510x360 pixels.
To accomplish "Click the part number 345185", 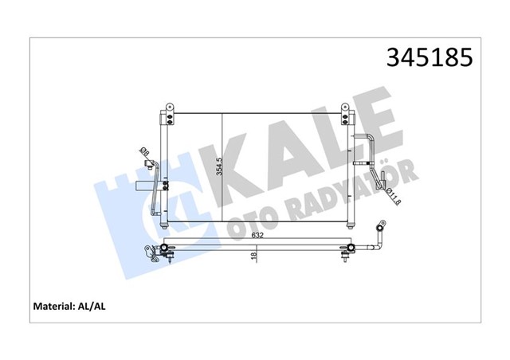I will [430, 57].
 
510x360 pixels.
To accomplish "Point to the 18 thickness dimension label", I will [254, 255].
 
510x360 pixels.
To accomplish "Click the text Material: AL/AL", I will [71, 306].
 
